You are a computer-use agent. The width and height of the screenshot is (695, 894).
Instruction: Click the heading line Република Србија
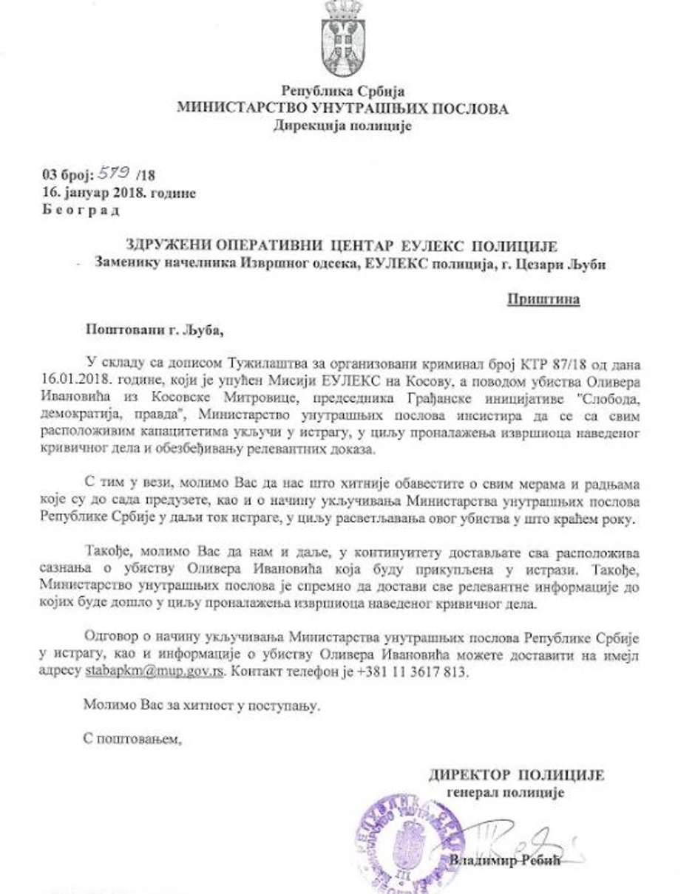coord(342,92)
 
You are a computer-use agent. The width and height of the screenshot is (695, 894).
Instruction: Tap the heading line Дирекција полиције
coord(342,125)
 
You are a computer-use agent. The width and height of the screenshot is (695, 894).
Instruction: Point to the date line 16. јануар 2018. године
coord(119,192)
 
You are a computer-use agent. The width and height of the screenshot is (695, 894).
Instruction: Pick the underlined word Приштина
coord(543,300)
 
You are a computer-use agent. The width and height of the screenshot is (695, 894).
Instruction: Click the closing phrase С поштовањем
coord(132,737)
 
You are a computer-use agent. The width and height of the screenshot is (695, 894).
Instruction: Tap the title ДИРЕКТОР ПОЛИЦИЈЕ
coord(516,776)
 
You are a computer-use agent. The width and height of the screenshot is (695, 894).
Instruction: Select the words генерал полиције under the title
coord(506,793)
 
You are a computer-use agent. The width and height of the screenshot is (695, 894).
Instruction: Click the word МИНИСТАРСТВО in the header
coord(244,109)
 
